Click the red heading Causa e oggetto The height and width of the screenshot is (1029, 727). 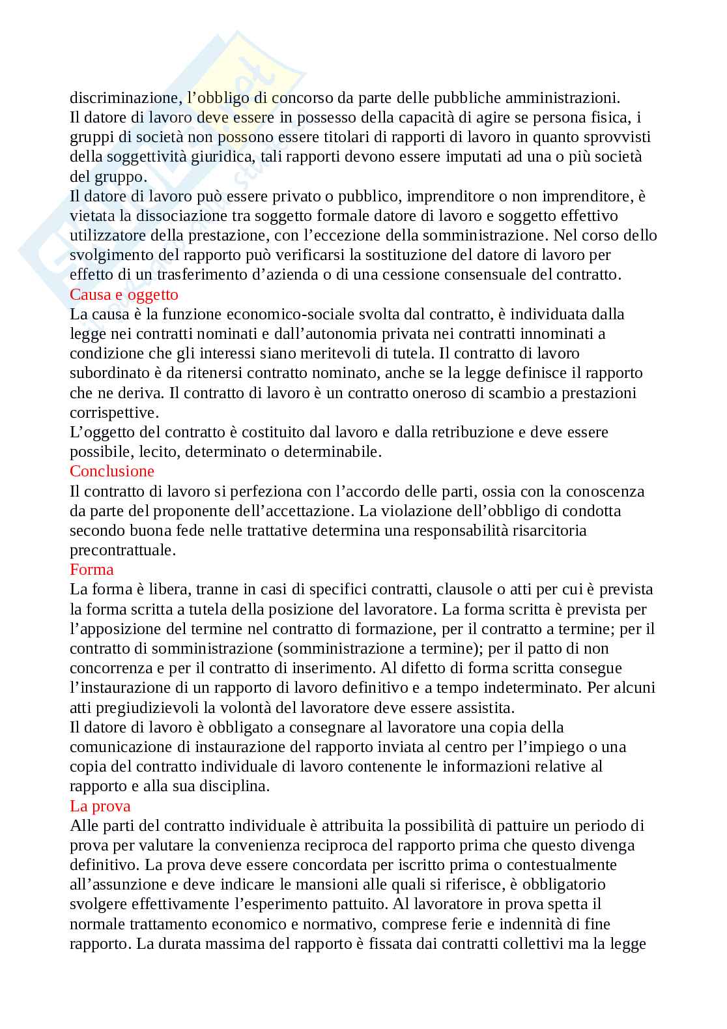pyautogui.click(x=124, y=295)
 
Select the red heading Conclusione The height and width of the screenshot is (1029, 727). pyautogui.click(x=112, y=471)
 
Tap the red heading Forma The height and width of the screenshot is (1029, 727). pyautogui.click(x=92, y=570)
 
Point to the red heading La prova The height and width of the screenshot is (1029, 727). pyautogui.click(x=100, y=805)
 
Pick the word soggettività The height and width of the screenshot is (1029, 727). pyautogui.click(x=140, y=157)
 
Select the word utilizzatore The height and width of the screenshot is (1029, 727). pyautogui.click(x=107, y=235)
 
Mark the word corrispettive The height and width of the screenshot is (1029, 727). pyautogui.click(x=113, y=413)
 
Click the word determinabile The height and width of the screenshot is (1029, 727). pyautogui.click(x=330, y=452)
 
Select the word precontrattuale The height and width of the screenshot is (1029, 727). pyautogui.click(x=122, y=550)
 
